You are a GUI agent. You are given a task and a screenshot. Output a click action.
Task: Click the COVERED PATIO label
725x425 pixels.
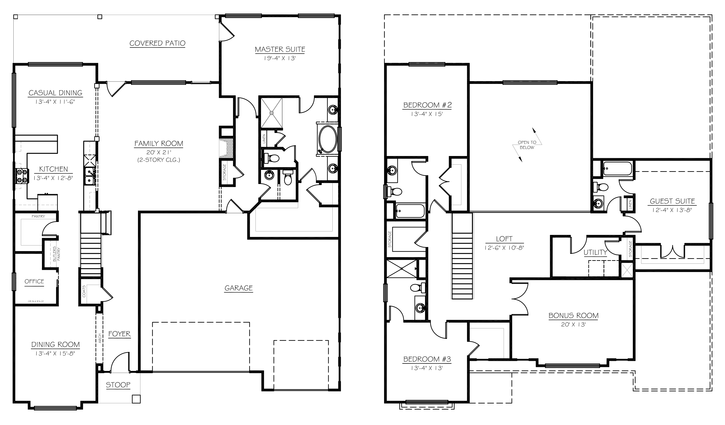(x=157, y=43)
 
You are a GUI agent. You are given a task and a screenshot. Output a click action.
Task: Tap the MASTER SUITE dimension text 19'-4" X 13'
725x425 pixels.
(x=280, y=58)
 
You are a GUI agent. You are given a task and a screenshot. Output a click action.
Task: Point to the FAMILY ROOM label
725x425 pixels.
(x=159, y=143)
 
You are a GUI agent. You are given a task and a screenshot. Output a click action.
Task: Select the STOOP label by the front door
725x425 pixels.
(x=118, y=385)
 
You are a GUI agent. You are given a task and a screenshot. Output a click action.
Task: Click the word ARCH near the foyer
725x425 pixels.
(x=100, y=338)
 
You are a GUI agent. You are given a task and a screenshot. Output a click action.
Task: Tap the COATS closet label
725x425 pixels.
(x=84, y=291)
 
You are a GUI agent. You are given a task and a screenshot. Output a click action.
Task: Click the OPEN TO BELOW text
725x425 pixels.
(x=527, y=145)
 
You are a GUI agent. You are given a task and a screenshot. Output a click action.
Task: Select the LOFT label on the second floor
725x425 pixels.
(x=504, y=239)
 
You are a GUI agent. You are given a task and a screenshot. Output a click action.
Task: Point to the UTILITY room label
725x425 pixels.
(x=595, y=252)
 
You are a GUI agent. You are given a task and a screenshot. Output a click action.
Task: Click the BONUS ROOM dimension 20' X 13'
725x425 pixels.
(x=573, y=324)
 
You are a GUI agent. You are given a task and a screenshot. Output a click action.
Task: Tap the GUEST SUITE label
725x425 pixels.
(x=672, y=201)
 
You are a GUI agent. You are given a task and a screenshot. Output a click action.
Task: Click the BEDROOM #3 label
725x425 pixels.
(x=427, y=359)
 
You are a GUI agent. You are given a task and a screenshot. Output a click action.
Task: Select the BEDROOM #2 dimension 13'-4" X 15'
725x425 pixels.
(x=427, y=114)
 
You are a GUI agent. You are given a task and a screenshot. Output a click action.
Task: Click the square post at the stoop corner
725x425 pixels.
(x=136, y=399)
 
